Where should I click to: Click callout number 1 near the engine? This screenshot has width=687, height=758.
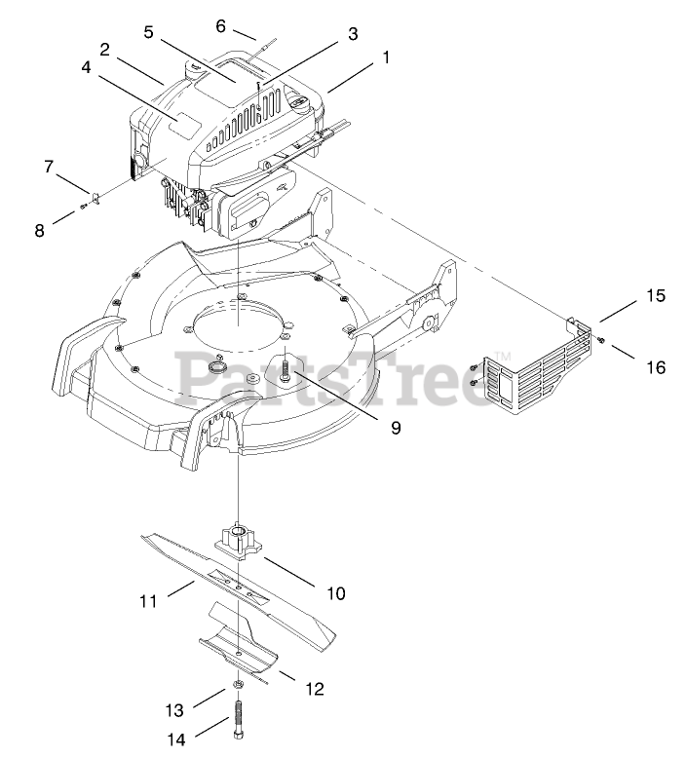386,57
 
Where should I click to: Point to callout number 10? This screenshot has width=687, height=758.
336,591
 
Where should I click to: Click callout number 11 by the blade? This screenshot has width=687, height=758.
148,601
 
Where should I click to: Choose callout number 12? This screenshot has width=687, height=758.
314,689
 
